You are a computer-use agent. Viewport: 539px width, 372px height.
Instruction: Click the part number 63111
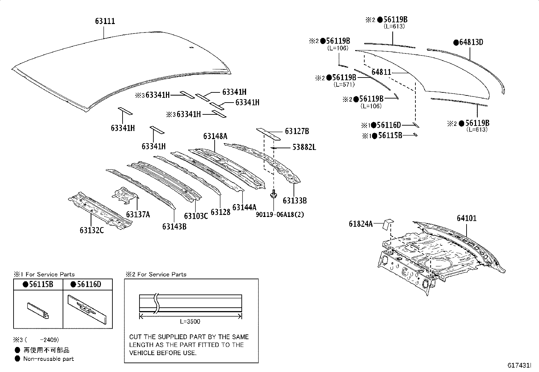pyautogui.click(x=105, y=21)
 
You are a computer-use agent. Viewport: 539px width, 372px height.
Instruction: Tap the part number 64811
pyautogui.click(x=381, y=72)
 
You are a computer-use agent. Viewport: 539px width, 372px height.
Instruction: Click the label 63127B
pyautogui.click(x=297, y=131)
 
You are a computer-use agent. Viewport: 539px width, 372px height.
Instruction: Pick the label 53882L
pyautogui.click(x=304, y=147)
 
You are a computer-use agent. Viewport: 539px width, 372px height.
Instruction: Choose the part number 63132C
pyautogui.click(x=92, y=230)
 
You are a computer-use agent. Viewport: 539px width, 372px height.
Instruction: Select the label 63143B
pyautogui.click(x=174, y=226)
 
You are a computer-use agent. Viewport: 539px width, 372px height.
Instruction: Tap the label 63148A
pyautogui.click(x=215, y=136)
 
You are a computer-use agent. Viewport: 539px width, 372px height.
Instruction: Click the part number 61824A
pyautogui.click(x=361, y=224)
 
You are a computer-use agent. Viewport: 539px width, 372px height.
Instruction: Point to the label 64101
pyautogui.click(x=467, y=218)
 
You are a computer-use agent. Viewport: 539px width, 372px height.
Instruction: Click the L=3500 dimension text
pyautogui.click(x=190, y=322)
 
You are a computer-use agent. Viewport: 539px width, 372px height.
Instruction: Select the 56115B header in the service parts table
pyautogui.click(x=38, y=284)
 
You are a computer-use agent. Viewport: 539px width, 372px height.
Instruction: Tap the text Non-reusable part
pyautogui.click(x=48, y=359)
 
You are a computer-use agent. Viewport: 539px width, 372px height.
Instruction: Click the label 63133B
pyautogui.click(x=295, y=200)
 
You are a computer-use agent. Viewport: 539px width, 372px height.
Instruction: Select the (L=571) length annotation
pyautogui.click(x=344, y=85)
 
